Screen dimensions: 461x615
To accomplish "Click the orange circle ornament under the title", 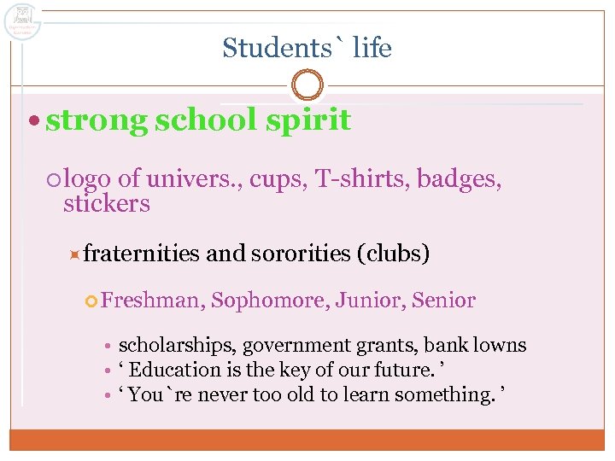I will tap(307, 85).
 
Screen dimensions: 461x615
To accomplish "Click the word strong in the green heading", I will tap(97, 120).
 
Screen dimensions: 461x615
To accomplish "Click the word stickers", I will tap(107, 204).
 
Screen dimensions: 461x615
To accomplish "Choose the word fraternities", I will tap(142, 254).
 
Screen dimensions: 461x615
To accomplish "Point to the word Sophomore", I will tap(268, 301).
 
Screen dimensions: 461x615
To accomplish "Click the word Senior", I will tap(443, 301).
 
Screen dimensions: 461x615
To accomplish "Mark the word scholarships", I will tap(176, 346).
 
